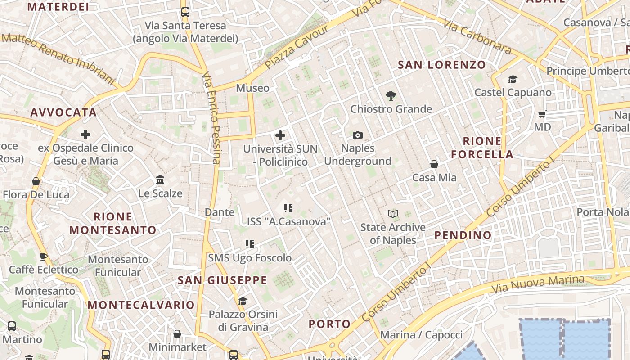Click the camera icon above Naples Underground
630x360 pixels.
coord(358,135)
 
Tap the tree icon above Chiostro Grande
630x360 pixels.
coord(391,95)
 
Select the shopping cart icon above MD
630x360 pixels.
coord(542,114)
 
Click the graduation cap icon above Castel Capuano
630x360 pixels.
coord(513,80)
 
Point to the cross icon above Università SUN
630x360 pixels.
coord(280,135)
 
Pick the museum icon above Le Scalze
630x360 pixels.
coord(160,180)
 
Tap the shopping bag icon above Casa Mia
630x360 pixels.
coord(434,164)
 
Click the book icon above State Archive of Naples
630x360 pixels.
coord(393,214)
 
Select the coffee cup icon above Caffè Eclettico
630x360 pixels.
coord(44,256)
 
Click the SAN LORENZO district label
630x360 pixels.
coord(442,65)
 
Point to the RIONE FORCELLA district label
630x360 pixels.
coord(482,148)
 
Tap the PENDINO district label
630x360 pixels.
coord(463,235)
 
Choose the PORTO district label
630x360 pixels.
coord(329,324)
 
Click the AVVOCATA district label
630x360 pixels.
coord(63,112)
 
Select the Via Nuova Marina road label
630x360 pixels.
coord(538,283)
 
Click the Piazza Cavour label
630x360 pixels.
coord(297,47)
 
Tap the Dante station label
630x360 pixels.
coord(220,212)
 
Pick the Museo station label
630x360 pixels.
coord(252,88)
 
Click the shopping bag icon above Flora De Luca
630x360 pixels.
coord(36,181)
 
